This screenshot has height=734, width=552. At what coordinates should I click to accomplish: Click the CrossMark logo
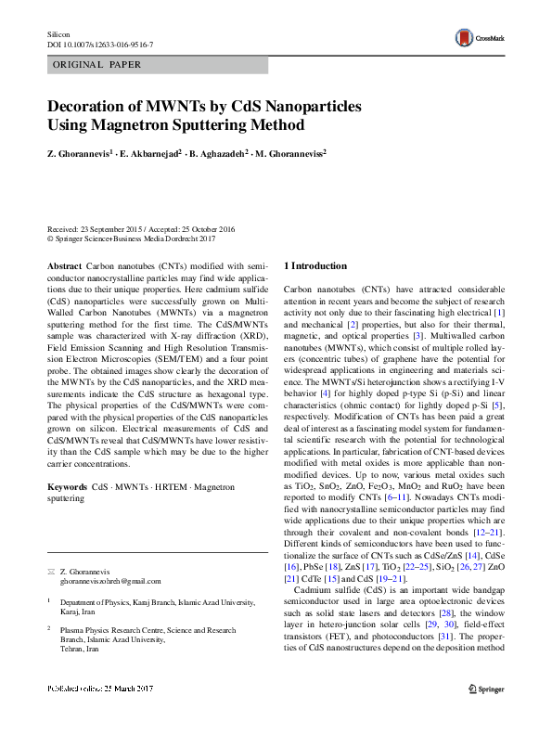(x=475, y=38)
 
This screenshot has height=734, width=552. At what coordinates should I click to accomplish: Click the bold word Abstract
(x=64, y=265)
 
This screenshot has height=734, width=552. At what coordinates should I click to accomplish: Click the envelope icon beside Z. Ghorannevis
(x=50, y=569)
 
